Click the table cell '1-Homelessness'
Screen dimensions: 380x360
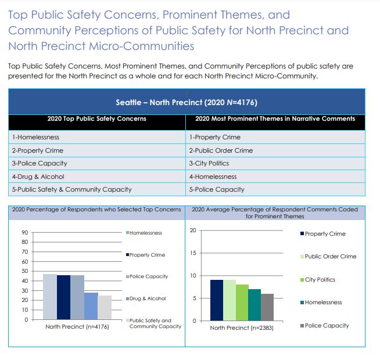point(97,137)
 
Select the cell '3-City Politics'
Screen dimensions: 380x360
point(275,163)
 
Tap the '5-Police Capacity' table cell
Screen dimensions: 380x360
point(275,189)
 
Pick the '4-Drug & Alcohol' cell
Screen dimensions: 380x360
point(97,177)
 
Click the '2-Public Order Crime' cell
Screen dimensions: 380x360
point(275,150)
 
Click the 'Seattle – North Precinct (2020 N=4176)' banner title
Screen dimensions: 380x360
point(187,102)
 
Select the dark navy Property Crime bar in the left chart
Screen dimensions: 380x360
point(64,297)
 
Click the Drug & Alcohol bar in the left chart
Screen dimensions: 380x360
point(91,306)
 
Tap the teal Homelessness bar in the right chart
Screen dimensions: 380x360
point(254,305)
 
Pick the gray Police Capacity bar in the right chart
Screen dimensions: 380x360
point(267,307)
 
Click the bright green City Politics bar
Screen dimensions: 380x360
point(242,303)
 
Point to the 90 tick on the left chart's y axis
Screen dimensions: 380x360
point(25,233)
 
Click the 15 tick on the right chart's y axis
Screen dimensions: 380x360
point(193,253)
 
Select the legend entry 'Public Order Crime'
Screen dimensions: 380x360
point(328,256)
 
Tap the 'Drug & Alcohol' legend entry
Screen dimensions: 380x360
point(146,298)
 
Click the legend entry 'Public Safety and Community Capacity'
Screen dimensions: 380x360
point(153,323)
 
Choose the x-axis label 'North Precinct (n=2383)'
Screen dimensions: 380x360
point(242,328)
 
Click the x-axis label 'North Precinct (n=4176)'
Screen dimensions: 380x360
point(77,326)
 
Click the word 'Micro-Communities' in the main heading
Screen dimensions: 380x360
point(142,46)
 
